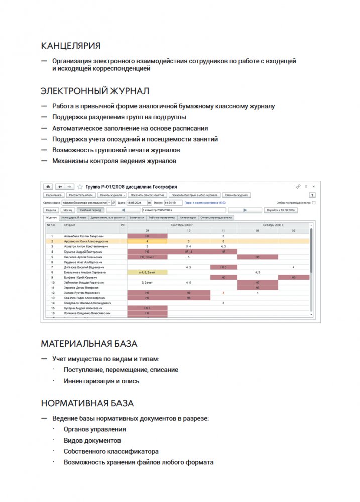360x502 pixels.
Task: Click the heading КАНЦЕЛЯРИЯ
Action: coord(70,46)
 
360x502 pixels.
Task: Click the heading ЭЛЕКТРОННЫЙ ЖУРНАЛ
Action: coord(95,91)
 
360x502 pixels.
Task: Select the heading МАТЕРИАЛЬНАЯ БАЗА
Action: coord(89,344)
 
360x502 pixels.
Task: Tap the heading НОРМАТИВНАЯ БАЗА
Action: coord(87,403)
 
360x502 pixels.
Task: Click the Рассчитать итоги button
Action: coord(80,195)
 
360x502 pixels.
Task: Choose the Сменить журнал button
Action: coord(236,195)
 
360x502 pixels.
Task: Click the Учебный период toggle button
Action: coord(90,210)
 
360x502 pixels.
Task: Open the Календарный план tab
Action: coord(73,218)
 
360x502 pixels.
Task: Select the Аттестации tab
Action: coord(188,218)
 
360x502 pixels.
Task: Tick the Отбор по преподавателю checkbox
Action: coord(314,203)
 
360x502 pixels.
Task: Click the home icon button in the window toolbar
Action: coord(49,186)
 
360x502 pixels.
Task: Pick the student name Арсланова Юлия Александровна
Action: coord(86,241)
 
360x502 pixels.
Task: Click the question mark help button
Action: coord(312,195)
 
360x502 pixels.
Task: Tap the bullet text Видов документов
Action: coord(92,440)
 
